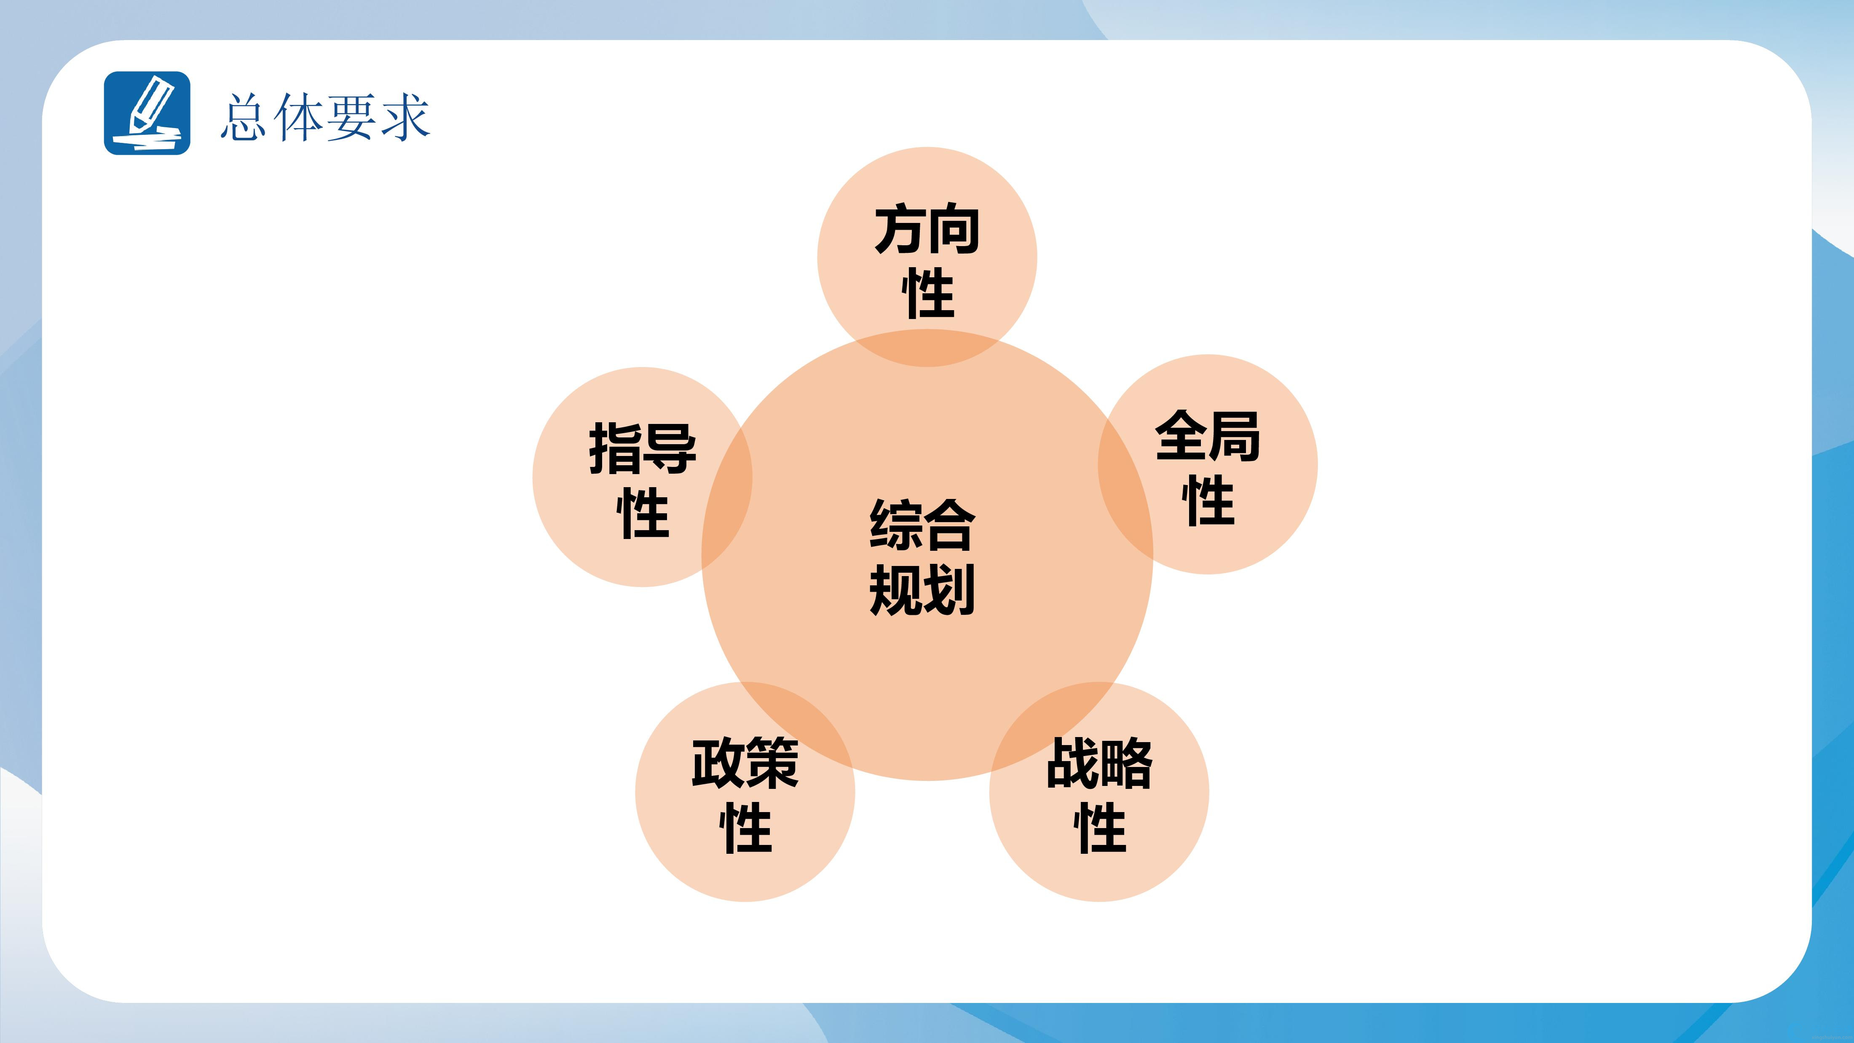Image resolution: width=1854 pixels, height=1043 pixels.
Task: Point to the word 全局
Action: coord(1208,436)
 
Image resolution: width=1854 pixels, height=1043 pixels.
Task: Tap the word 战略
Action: coord(1099,763)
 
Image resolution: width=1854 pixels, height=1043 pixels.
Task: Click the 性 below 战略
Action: coord(1099,827)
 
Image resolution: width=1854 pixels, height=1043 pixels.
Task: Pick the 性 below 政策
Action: coord(746,827)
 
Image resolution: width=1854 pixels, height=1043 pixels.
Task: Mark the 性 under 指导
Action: coord(643,512)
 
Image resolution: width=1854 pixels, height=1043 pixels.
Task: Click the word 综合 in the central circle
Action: coord(922,525)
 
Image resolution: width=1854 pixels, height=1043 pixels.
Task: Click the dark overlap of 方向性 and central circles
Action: coord(927,349)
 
